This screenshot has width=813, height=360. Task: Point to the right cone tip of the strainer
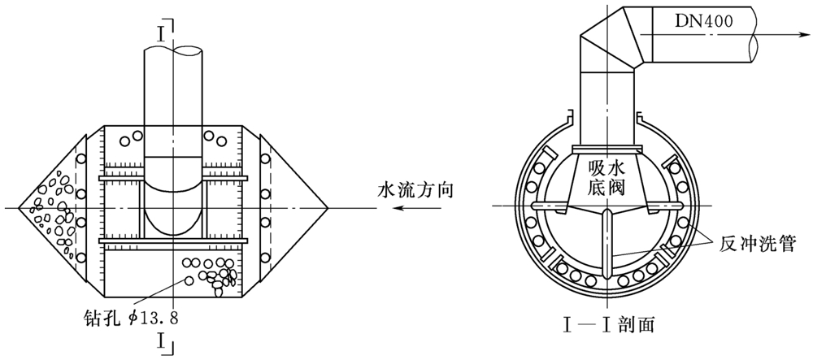coord(328,209)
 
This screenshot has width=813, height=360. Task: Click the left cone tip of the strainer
coord(19,209)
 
